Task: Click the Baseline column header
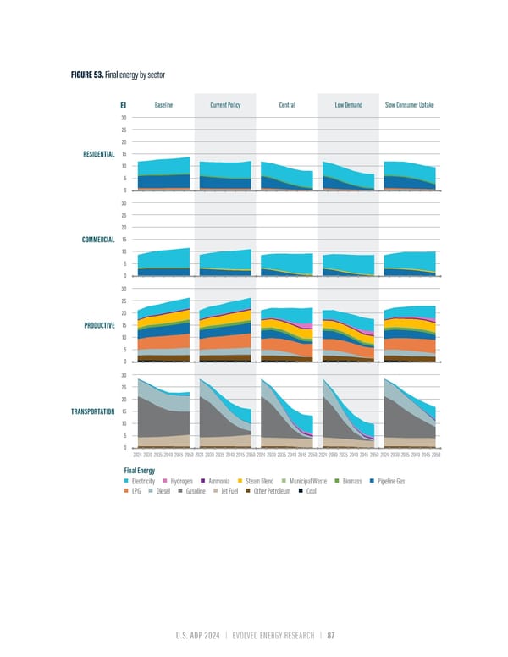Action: pos(163,105)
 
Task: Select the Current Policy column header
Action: pos(225,105)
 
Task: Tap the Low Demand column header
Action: pos(349,105)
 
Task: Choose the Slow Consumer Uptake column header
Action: pos(411,105)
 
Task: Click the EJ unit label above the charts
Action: pos(124,105)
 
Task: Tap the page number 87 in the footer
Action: pos(331,638)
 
